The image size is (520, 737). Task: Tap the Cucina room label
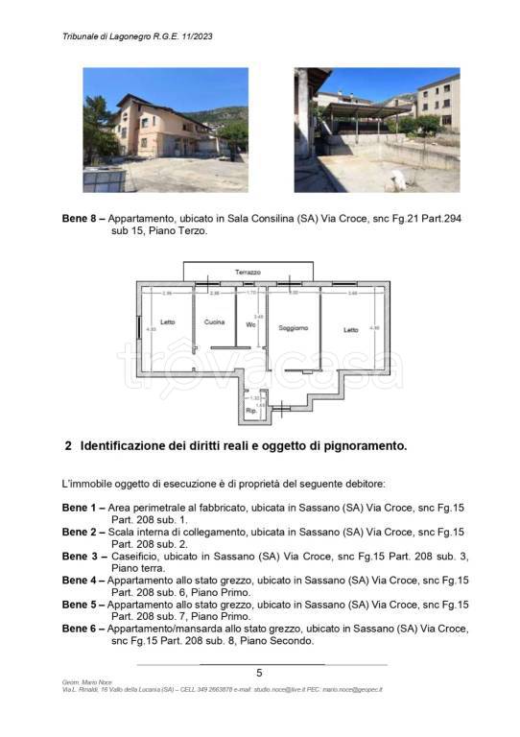pos(214,321)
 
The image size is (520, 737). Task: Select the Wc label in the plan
pos(250,323)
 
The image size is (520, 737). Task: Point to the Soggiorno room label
pos(293,328)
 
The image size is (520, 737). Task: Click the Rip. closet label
pos(250,411)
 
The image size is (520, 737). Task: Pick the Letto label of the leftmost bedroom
pos(167,321)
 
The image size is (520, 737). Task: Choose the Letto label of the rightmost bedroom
pos(350,329)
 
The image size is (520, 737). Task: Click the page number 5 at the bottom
pos(259,673)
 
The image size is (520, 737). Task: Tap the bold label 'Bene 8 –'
pos(83,219)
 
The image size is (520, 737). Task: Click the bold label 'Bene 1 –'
pos(83,506)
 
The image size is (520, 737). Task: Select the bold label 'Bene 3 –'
pos(83,556)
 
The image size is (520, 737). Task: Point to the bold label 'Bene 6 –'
pos(83,629)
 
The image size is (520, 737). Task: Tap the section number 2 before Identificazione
pos(68,445)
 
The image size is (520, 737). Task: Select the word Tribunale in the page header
pos(84,37)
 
